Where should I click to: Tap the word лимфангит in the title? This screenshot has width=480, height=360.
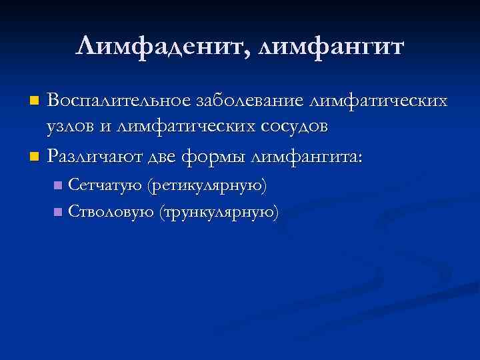click(331, 47)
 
